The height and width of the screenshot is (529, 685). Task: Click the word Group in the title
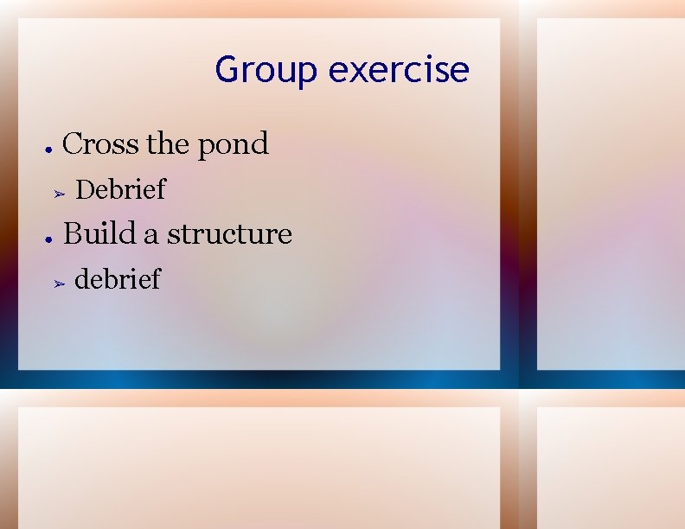(266, 70)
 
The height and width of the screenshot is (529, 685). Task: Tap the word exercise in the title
(399, 69)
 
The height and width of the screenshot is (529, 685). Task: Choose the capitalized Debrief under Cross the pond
(120, 189)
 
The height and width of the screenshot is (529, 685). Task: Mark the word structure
(229, 234)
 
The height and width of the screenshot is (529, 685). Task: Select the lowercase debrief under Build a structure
(118, 279)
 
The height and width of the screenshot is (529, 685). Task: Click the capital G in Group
(227, 69)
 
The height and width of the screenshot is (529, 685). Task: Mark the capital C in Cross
(74, 143)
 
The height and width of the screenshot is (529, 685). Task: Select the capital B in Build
(74, 233)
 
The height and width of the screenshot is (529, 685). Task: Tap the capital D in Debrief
(86, 189)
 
